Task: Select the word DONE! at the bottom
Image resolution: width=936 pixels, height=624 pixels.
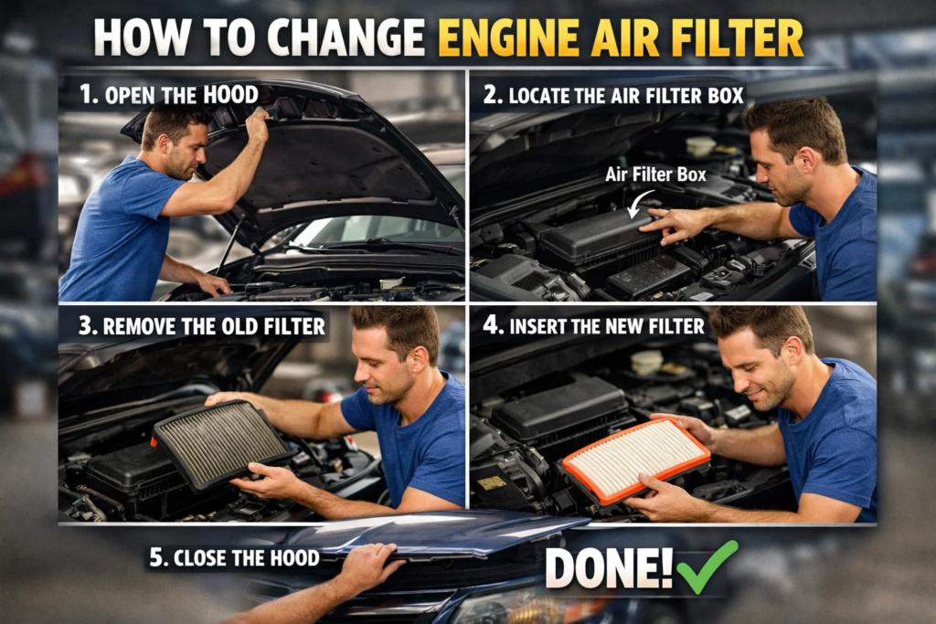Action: [x=609, y=568]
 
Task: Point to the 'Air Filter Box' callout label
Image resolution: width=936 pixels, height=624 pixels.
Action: [x=655, y=174]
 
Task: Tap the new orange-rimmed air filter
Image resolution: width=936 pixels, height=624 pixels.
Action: [x=636, y=460]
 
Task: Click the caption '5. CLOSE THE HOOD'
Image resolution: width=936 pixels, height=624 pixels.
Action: [x=234, y=557]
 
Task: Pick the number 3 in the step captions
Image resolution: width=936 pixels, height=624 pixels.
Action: [x=84, y=326]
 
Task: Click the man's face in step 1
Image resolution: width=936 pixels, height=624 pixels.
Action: [x=186, y=148]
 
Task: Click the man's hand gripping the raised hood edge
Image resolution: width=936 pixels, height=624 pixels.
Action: [x=257, y=123]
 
